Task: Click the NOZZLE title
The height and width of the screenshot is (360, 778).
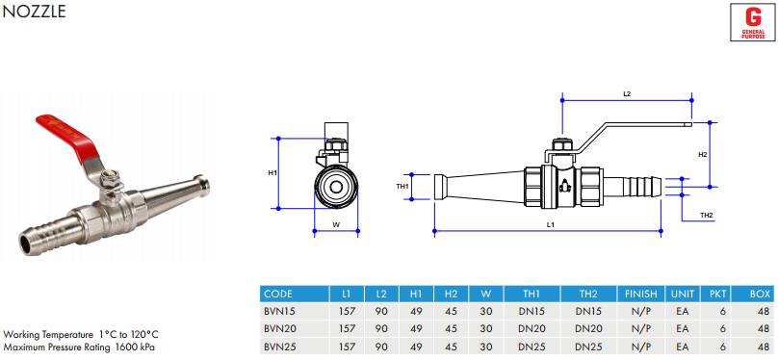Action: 34,12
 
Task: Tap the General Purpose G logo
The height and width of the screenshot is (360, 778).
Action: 753,22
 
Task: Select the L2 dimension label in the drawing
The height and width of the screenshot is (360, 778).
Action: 627,93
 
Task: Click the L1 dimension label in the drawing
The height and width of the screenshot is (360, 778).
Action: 550,224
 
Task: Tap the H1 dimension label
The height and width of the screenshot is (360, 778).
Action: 272,173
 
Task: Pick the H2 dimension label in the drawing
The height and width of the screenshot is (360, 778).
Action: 703,155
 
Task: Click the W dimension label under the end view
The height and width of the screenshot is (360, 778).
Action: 336,224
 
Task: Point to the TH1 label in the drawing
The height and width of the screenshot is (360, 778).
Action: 402,187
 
